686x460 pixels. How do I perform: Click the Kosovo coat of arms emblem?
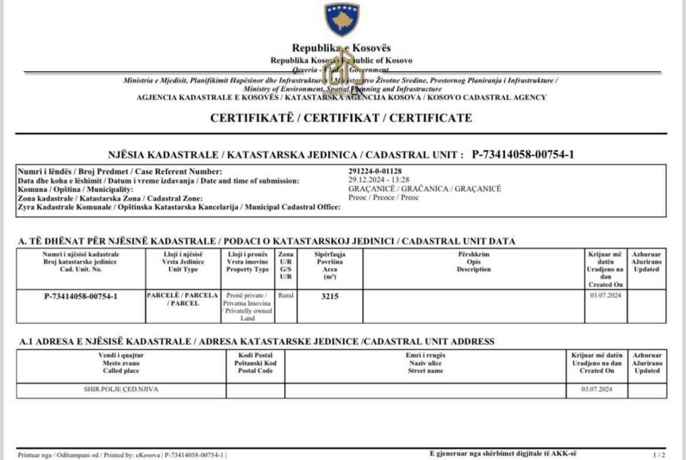point(342,19)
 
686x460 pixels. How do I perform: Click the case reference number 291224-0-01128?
point(375,171)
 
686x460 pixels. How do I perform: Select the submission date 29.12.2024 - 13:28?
point(379,180)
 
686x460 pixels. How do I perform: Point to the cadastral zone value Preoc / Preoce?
point(383,197)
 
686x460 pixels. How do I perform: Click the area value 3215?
point(330,297)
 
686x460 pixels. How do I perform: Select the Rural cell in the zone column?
point(286,296)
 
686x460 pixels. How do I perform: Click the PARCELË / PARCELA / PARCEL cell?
point(182,299)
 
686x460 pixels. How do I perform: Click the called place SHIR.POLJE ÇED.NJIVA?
point(121,389)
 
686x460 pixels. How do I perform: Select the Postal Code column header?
point(255,363)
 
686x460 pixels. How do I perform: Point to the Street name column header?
point(425,363)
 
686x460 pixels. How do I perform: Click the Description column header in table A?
point(474,262)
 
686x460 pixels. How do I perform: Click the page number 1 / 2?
point(659,455)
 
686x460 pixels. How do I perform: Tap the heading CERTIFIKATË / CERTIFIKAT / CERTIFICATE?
point(341,118)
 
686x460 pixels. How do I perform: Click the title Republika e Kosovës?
point(341,48)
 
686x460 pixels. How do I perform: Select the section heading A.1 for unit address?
point(257,341)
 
